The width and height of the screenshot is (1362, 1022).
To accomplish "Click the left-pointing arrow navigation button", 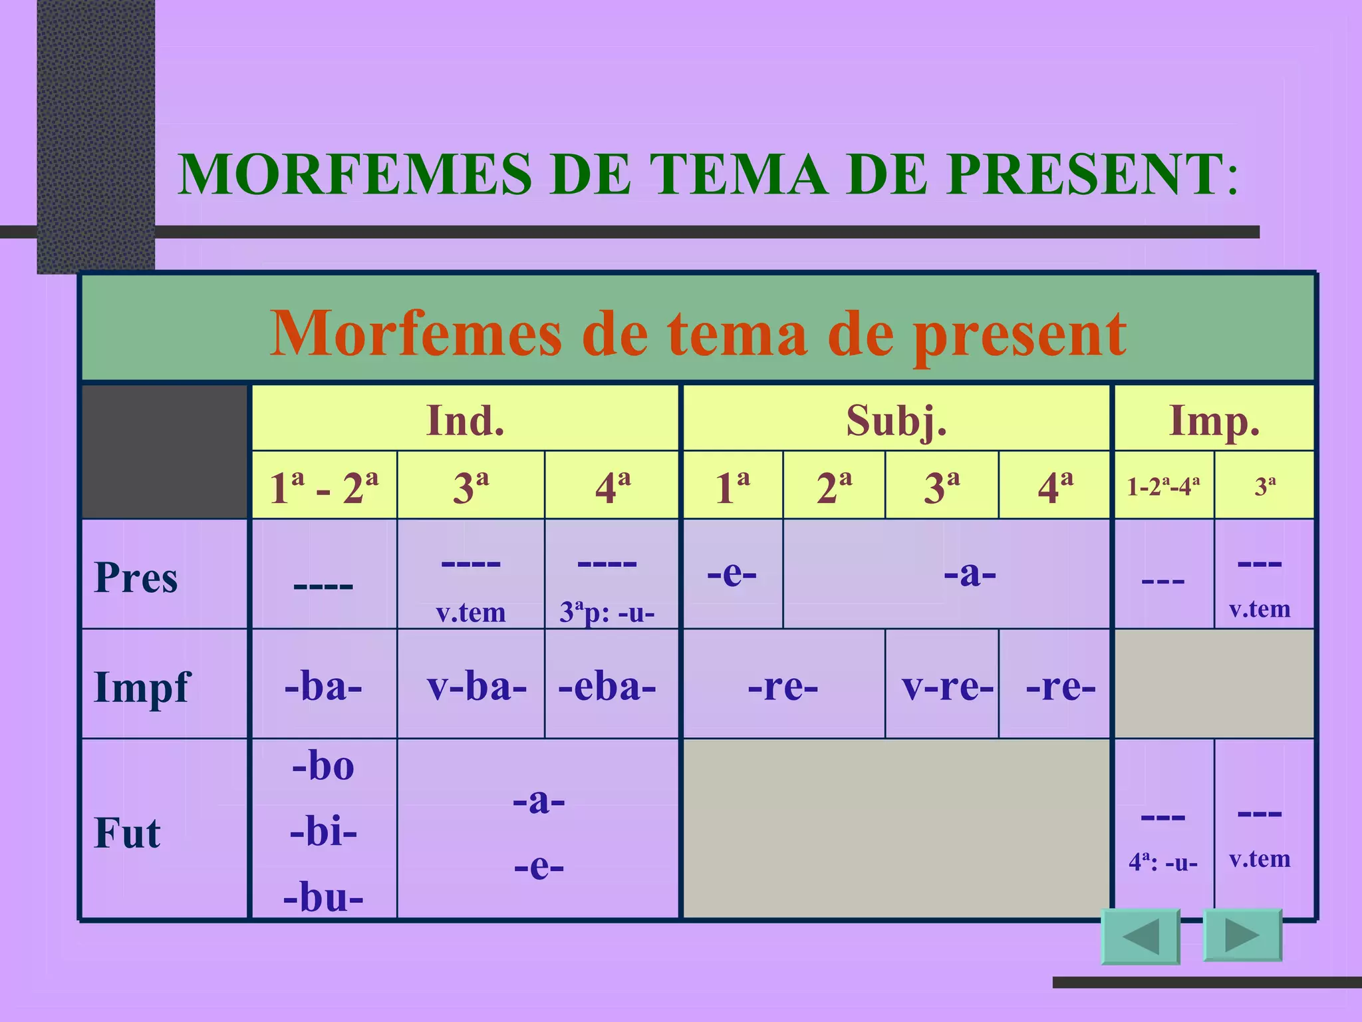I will click(x=1141, y=937).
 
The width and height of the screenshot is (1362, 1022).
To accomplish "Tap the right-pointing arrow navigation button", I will click(x=1242, y=936).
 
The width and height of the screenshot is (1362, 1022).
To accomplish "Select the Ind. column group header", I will click(x=465, y=420).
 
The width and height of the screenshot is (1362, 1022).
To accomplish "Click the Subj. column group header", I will click(x=896, y=420).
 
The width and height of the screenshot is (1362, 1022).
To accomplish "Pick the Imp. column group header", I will click(x=1214, y=420).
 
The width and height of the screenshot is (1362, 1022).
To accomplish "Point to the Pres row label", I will click(x=136, y=577).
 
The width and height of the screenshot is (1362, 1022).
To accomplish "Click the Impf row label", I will click(x=142, y=687).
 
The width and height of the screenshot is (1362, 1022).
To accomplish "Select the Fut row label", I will click(x=128, y=832).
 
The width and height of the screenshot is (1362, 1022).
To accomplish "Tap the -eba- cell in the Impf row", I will click(x=607, y=686).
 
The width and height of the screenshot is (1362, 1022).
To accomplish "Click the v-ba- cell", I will click(x=476, y=686).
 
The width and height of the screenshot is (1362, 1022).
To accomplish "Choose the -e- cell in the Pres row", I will click(x=732, y=573).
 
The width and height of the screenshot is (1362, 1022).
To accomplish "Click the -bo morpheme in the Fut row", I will click(x=323, y=766).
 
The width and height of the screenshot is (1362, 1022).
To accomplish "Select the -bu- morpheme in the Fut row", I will click(x=323, y=897).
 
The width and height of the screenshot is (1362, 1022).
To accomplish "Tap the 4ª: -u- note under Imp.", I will click(x=1162, y=862).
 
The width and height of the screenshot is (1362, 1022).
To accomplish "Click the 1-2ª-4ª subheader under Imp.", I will click(x=1163, y=486).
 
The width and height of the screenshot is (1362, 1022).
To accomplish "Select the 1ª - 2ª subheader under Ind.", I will click(x=324, y=487).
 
